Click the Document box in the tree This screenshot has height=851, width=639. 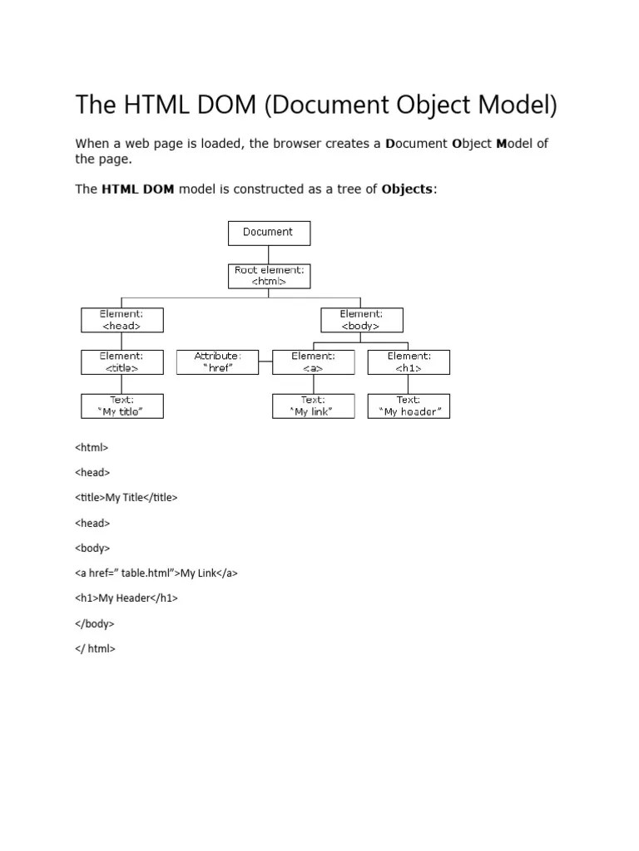coord(269,233)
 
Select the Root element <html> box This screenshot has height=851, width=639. coord(269,276)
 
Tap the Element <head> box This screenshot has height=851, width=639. coord(122,320)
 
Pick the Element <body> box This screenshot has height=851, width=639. coord(361,320)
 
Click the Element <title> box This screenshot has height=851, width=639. coord(122,362)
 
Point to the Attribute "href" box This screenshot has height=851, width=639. coord(217,362)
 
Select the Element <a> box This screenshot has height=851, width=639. coord(313,362)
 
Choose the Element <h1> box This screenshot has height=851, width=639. coord(409,362)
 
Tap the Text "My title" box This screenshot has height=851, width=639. coord(122,406)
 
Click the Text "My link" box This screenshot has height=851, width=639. coord(313,406)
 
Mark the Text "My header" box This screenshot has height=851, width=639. coord(409,406)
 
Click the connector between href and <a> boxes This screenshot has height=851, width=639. coord(265,362)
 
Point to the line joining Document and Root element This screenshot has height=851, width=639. coord(269,254)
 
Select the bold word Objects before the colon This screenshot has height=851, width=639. coord(407,189)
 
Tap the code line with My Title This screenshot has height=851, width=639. coord(126,497)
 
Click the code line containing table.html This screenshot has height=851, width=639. coord(156,573)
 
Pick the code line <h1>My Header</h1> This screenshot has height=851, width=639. coord(126,598)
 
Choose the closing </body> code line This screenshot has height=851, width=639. coord(95,623)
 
